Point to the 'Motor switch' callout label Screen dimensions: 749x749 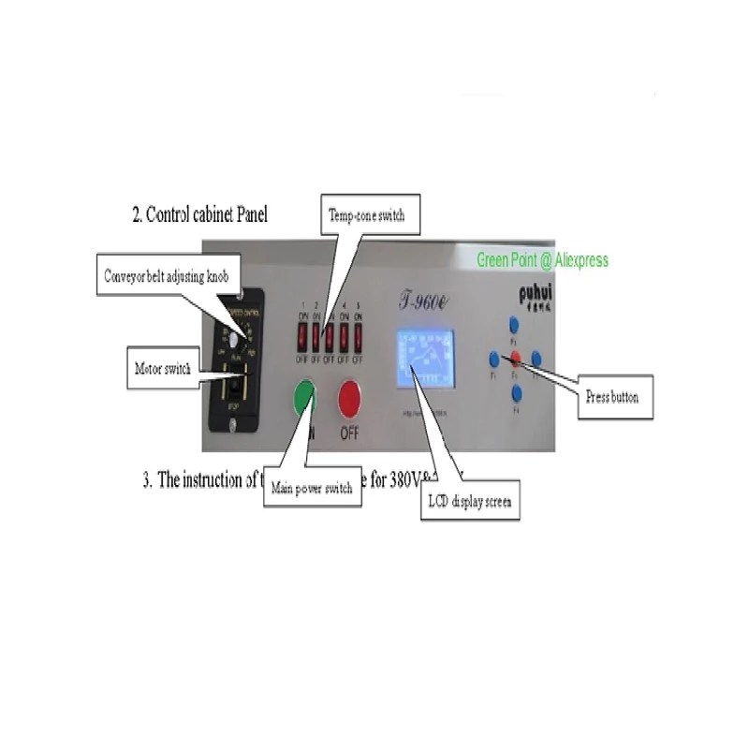pyautogui.click(x=162, y=369)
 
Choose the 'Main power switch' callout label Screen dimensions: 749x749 pyautogui.click(x=312, y=488)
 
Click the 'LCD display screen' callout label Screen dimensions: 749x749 pyautogui.click(x=470, y=502)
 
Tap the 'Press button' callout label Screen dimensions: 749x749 pyautogui.click(x=612, y=397)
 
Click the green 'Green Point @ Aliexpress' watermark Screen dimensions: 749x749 pyautogui.click(x=542, y=260)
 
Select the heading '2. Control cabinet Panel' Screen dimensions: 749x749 pyautogui.click(x=199, y=214)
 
